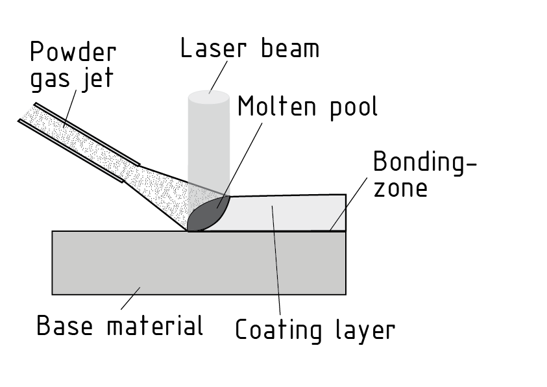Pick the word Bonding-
coord(425,162)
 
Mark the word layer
coord(362,331)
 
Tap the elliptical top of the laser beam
coord(208,97)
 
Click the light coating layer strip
coord(298,213)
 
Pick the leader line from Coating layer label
coord(276,260)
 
